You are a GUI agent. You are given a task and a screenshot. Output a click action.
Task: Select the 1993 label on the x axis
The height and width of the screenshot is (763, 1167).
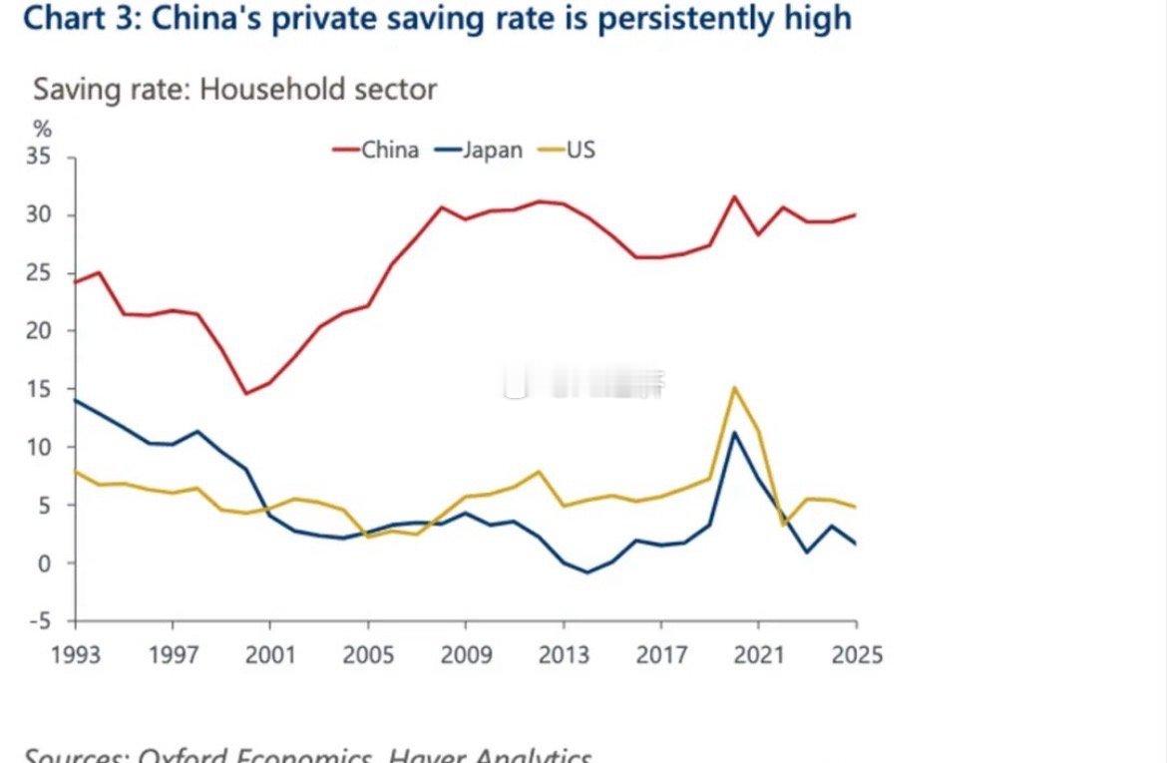[75, 655]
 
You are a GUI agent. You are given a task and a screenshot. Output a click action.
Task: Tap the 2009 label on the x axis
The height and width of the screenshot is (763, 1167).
[466, 655]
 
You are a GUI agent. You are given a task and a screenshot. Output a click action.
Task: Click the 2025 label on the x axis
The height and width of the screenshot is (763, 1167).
[856, 655]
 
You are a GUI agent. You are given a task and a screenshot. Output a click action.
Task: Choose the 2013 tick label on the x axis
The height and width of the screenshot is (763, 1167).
[564, 655]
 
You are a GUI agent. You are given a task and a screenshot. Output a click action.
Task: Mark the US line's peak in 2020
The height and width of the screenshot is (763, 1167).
[734, 387]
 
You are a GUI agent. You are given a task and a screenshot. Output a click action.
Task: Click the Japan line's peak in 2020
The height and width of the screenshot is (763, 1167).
[734, 432]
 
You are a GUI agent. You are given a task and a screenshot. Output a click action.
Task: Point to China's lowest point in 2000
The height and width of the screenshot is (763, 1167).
[246, 394]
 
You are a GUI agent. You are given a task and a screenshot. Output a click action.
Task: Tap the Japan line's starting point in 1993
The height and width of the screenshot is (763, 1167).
[76, 400]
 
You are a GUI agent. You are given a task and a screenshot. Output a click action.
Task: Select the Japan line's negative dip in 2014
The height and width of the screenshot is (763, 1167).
[587, 572]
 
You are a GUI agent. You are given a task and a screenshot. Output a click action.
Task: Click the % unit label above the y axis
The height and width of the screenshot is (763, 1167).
[42, 129]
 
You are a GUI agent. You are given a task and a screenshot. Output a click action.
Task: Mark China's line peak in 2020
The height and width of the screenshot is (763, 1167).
[734, 196]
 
